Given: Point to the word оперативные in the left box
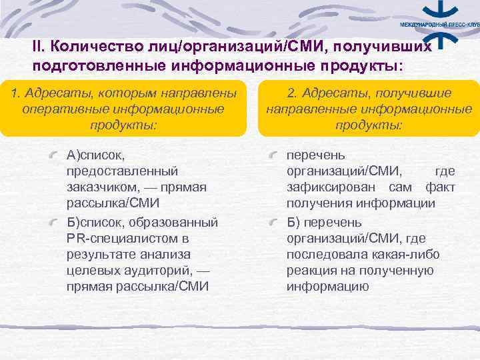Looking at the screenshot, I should tap(60, 109).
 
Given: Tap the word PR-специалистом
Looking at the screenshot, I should tap(124, 238).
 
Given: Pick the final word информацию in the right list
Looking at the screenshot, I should tap(328, 287).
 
